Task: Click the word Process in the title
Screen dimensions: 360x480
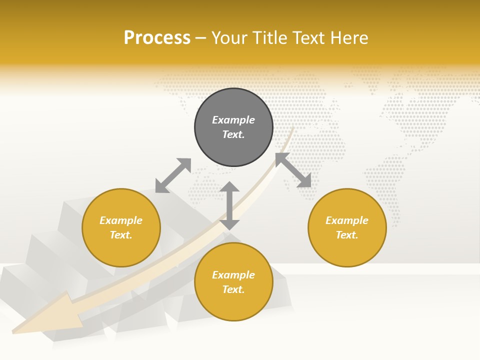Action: tap(157, 38)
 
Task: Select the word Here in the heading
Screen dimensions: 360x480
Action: tap(349, 38)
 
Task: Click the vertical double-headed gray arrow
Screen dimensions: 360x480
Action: tap(229, 205)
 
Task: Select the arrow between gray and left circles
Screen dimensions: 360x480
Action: tap(173, 175)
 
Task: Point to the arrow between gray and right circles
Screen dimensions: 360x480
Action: tap(293, 170)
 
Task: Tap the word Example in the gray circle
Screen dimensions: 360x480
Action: tap(233, 120)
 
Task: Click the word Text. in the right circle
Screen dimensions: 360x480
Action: tap(346, 235)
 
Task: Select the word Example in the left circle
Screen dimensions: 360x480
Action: tap(121, 220)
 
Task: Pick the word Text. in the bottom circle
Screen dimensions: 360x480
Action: tap(233, 289)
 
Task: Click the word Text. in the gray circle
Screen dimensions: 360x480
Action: tap(233, 134)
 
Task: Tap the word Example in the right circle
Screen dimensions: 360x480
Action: tap(347, 220)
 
